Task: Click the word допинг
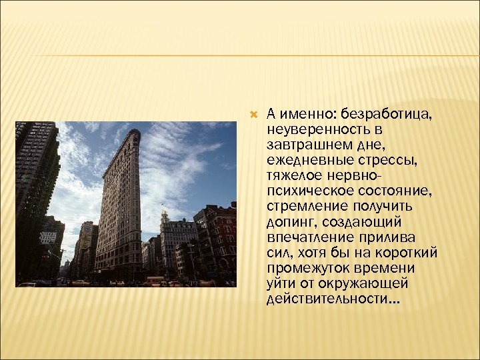coord(288,221)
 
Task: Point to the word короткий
coord(405,253)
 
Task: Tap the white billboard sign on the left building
coord(48,237)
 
